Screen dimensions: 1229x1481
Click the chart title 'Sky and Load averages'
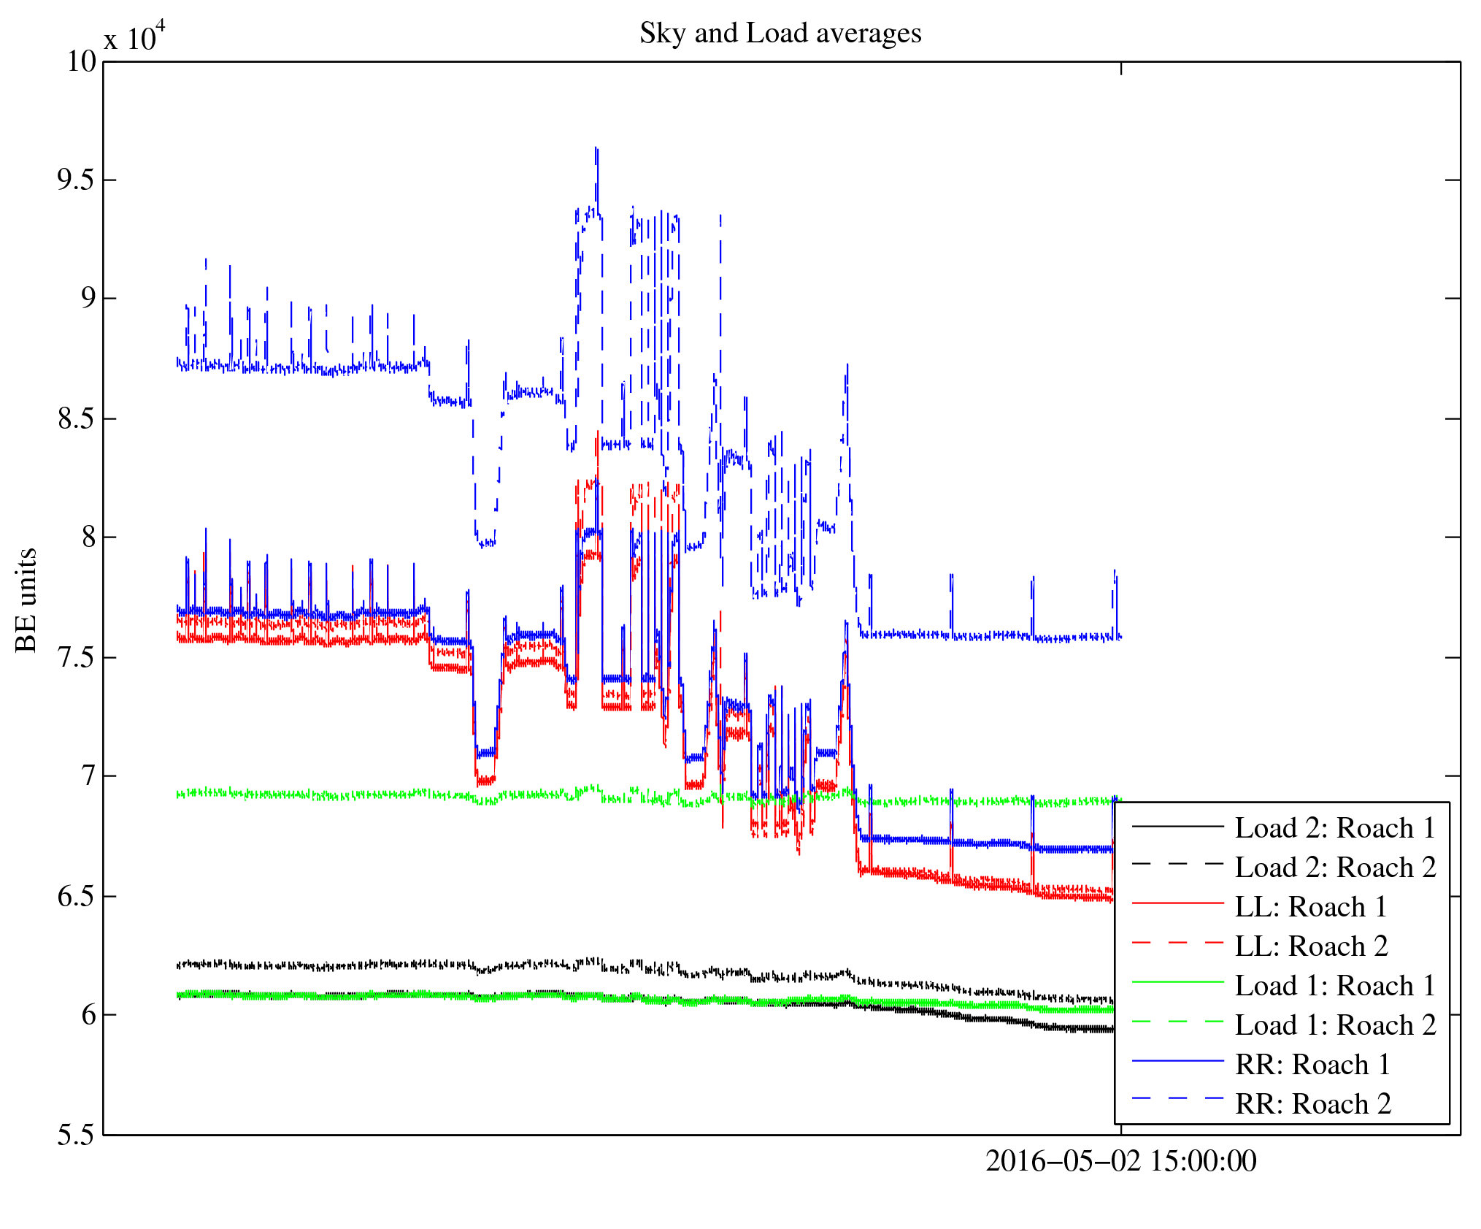pos(780,34)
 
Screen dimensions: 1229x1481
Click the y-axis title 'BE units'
pos(27,600)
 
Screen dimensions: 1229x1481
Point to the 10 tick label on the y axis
pos(82,61)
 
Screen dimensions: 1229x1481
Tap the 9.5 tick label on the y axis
pos(77,180)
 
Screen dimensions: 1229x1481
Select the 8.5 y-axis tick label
pos(77,419)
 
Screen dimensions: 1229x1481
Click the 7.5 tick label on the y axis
pos(77,657)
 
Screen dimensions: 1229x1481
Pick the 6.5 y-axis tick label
pos(77,896)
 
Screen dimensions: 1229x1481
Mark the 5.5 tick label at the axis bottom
pos(77,1135)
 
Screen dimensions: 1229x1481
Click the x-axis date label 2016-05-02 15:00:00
pos(1121,1161)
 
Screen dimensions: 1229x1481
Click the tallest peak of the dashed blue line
pos(596,148)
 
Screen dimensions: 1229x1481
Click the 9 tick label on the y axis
pos(88,299)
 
